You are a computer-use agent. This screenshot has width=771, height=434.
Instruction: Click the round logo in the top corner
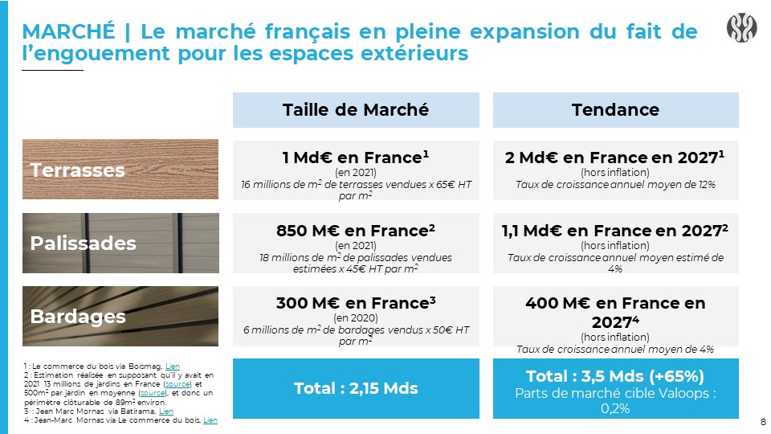(741, 27)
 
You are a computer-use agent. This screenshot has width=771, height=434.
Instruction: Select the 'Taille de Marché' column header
(356, 110)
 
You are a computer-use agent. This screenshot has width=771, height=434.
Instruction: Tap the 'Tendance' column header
(616, 110)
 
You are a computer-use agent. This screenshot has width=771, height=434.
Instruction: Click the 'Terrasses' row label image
(120, 170)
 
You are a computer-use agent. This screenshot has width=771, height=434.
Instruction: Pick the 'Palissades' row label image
(120, 243)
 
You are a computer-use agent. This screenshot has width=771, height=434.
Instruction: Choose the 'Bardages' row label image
(120, 316)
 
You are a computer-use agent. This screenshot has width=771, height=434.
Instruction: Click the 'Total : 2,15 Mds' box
(356, 389)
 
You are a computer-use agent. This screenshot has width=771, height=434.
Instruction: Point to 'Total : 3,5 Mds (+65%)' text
(615, 376)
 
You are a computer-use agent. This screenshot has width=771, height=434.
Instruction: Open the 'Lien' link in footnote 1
(173, 366)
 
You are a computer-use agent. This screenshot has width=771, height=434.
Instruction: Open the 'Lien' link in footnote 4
(210, 420)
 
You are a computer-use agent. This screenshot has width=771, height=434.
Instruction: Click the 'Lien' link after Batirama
(166, 411)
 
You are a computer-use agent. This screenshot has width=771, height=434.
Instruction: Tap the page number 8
(763, 422)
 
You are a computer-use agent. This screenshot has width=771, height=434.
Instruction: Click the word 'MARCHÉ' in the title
(68, 31)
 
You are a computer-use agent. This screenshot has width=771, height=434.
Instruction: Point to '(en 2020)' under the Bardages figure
(356, 318)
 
